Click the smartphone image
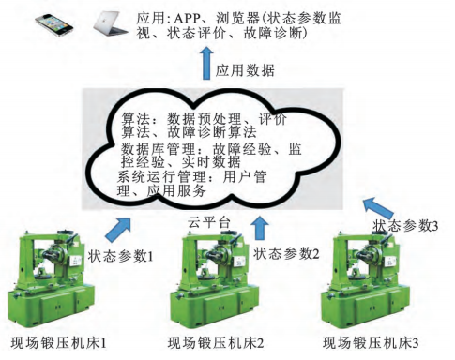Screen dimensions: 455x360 (x=53, y=24)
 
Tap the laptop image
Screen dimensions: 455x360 (x=110, y=22)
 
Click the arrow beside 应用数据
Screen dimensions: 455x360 (x=206, y=63)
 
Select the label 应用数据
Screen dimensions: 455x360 (x=245, y=70)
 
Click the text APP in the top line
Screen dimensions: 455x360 (x=187, y=19)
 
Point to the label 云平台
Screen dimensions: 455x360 (x=209, y=223)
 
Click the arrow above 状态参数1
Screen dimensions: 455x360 (x=118, y=229)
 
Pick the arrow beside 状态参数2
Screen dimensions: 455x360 (x=260, y=228)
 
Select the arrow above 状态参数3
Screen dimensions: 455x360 (x=377, y=207)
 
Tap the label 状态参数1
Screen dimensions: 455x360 (x=120, y=256)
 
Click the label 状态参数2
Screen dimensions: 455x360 (x=286, y=253)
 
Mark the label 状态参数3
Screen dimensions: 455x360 (x=405, y=226)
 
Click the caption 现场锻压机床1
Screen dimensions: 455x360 (x=59, y=343)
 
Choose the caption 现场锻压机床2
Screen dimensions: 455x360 (x=216, y=343)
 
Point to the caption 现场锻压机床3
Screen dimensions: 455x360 (x=371, y=343)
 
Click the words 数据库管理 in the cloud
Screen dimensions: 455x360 (x=159, y=149)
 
